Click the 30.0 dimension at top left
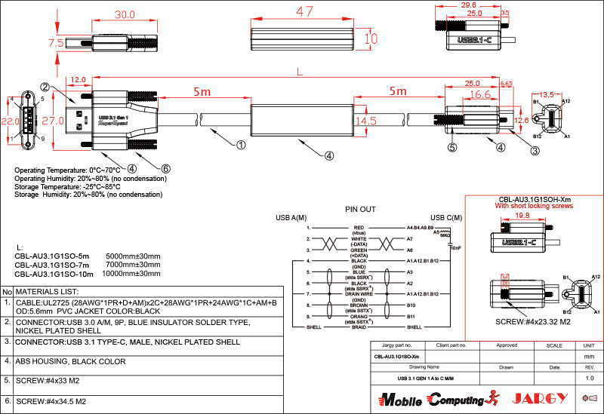coord(124,14)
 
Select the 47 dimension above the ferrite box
coord(304,12)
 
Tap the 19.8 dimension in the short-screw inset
coord(522,216)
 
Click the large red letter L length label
coord(300,72)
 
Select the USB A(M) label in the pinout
coord(290,218)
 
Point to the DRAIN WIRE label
coord(359,293)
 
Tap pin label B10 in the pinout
coord(411,305)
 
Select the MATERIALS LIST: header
coord(48,291)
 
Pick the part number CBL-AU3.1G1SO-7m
coord(51,265)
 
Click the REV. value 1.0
coord(589,378)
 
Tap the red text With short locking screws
coord(535,205)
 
